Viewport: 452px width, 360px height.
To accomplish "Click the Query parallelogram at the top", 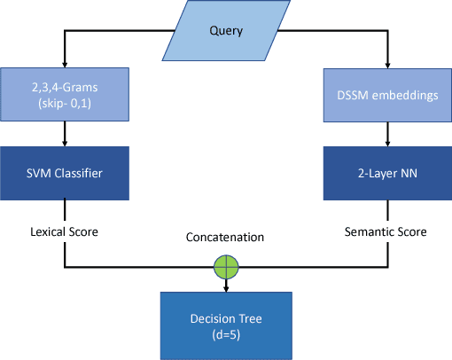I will point(226,32).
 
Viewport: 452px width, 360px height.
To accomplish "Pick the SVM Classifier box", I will point(65,173).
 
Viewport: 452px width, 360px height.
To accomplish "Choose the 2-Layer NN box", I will point(386,173).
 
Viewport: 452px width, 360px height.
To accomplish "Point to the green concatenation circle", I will point(227,264).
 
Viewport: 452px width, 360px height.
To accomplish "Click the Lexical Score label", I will point(65,231).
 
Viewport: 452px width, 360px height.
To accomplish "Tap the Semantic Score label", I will point(386,231).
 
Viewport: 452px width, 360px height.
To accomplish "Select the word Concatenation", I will point(227,238).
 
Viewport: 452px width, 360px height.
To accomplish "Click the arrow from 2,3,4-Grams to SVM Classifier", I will point(65,132).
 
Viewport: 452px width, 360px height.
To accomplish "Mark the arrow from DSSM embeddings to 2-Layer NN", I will point(386,132).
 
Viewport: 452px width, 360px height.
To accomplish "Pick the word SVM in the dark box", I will point(41,173).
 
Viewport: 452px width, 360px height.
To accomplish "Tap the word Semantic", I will point(370,231).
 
